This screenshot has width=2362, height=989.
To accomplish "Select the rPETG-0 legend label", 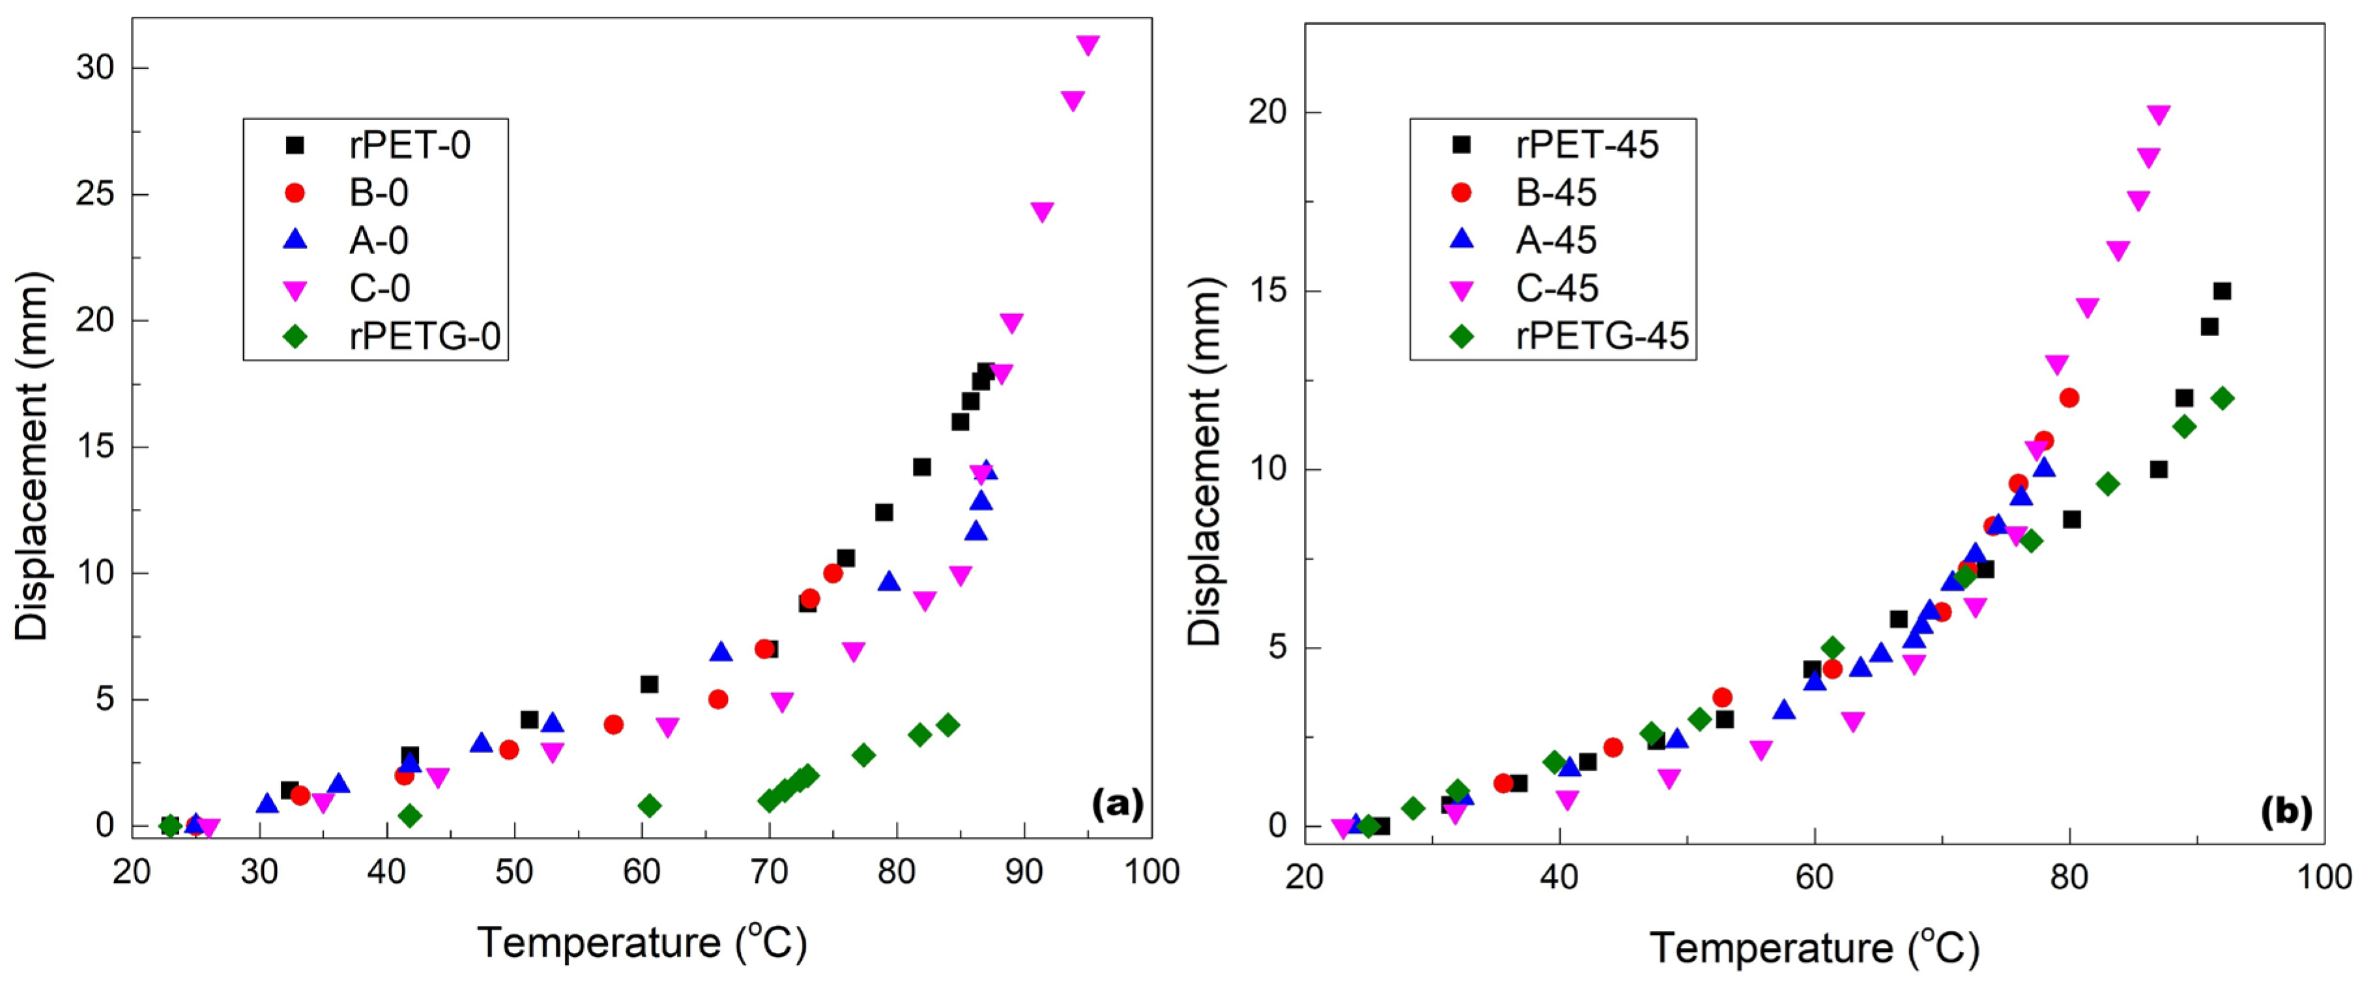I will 425,336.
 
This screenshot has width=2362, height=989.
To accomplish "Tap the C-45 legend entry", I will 1557,289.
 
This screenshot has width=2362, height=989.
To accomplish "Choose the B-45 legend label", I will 1556,192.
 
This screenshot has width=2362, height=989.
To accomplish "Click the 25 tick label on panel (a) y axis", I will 94,194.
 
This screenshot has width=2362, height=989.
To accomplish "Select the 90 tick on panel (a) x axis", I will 1023,872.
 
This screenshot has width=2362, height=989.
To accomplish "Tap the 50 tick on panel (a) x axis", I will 513,872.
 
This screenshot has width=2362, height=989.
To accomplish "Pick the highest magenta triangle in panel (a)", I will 1087,45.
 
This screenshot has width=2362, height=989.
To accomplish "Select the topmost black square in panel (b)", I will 2222,291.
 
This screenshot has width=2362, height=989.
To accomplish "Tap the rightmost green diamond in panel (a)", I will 948,725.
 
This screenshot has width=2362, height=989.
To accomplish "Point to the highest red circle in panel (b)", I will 2069,398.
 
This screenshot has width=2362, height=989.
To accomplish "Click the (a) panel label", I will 1117,805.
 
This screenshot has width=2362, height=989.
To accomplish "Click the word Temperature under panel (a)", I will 599,943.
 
